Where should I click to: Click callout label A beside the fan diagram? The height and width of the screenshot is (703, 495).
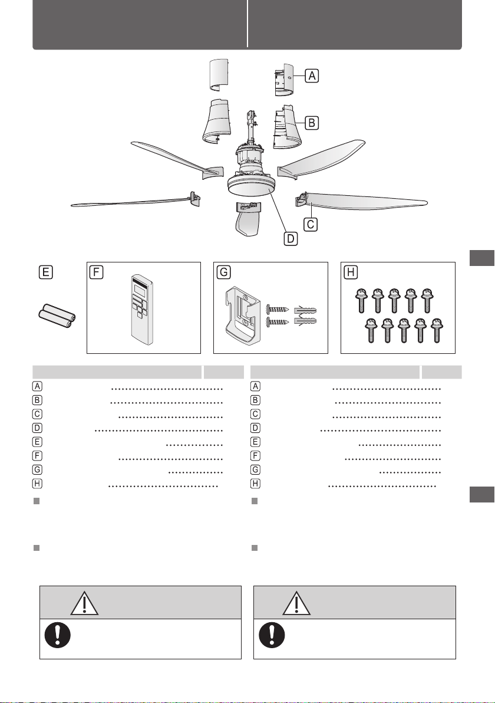pyautogui.click(x=312, y=75)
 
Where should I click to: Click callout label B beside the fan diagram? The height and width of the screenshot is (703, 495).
pyautogui.click(x=312, y=123)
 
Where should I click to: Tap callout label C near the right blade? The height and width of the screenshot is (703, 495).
pyautogui.click(x=311, y=224)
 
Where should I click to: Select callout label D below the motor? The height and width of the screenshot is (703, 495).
pyautogui.click(x=291, y=238)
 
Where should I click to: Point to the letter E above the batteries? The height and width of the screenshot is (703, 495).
pyautogui.click(x=46, y=272)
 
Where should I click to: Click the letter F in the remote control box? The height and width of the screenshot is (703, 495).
pyautogui.click(x=96, y=272)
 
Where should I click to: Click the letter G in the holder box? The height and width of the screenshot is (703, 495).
pyautogui.click(x=223, y=272)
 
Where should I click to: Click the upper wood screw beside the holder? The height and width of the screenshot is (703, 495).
pyautogui.click(x=278, y=310)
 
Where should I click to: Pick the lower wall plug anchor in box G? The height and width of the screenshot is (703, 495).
pyautogui.click(x=305, y=321)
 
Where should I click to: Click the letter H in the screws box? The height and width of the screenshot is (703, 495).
pyautogui.click(x=350, y=272)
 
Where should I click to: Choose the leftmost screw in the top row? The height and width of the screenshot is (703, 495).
pyautogui.click(x=361, y=300)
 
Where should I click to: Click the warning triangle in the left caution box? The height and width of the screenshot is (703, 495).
pyautogui.click(x=85, y=603)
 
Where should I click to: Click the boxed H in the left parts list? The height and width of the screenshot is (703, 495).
pyautogui.click(x=38, y=484)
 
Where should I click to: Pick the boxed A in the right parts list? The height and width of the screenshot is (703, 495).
pyautogui.click(x=255, y=386)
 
